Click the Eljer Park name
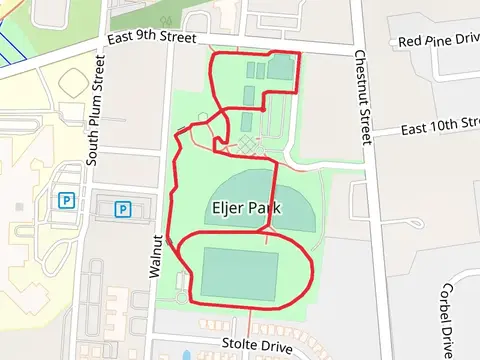[x=246, y=210]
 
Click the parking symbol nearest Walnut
[x=123, y=209]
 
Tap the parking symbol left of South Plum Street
[x=67, y=199]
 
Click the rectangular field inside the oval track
[x=240, y=273]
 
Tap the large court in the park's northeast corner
[x=280, y=69]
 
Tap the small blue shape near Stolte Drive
[x=186, y=355]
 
